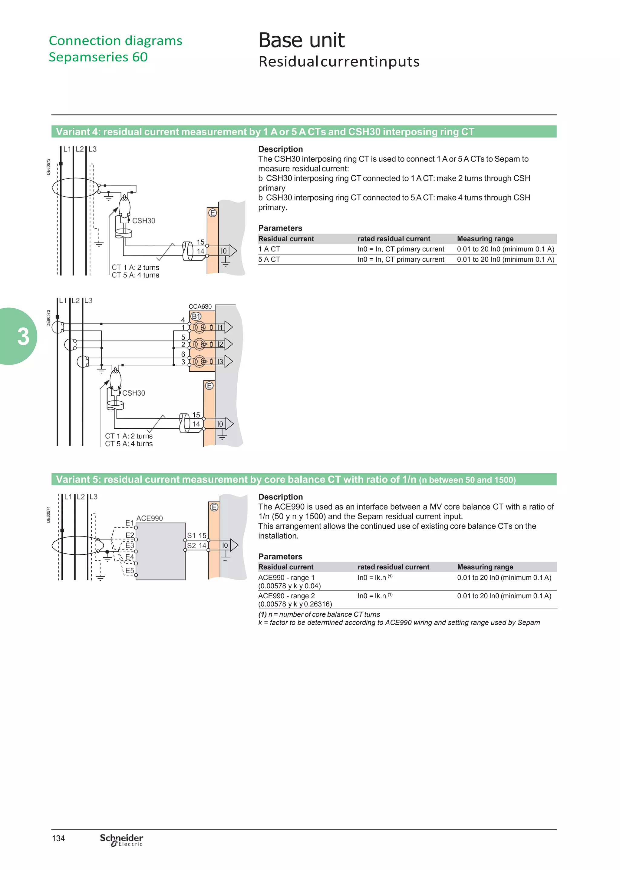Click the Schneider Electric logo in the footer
coord(121,839)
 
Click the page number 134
coord(58,838)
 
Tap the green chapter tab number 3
coord(23,337)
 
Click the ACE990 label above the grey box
coord(149,518)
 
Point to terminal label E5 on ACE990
coord(130,571)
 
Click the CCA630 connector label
coord(200,306)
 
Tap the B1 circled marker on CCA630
coord(196,316)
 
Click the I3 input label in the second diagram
coord(220,361)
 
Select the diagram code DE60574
coord(48,514)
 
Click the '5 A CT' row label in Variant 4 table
coord(269,259)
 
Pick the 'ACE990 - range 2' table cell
coord(286,596)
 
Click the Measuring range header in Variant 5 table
coord(485,567)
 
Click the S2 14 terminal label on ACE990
coord(196,545)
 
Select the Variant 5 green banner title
coord(285,480)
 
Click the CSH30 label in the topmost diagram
coord(143,221)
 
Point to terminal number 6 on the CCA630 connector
coord(183,354)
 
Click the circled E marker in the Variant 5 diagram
coord(214,507)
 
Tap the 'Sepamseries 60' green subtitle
coord(98,57)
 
